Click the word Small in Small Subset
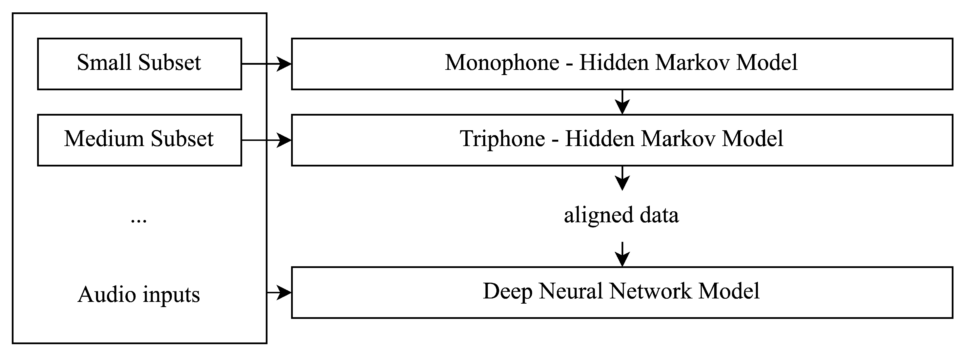[105, 62]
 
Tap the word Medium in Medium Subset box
[104, 139]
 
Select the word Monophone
[502, 62]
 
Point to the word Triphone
[502, 139]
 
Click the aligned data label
[621, 215]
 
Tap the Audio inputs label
[139, 294]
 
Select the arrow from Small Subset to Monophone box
[267, 64]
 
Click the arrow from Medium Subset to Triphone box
[267, 140]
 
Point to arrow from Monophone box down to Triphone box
[622, 102]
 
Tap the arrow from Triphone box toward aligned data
[622, 178]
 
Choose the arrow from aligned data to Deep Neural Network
[622, 254]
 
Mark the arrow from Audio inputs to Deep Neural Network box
[279, 292]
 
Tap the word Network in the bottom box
[650, 291]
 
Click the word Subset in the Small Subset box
[169, 62]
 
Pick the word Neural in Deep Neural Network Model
[570, 291]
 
